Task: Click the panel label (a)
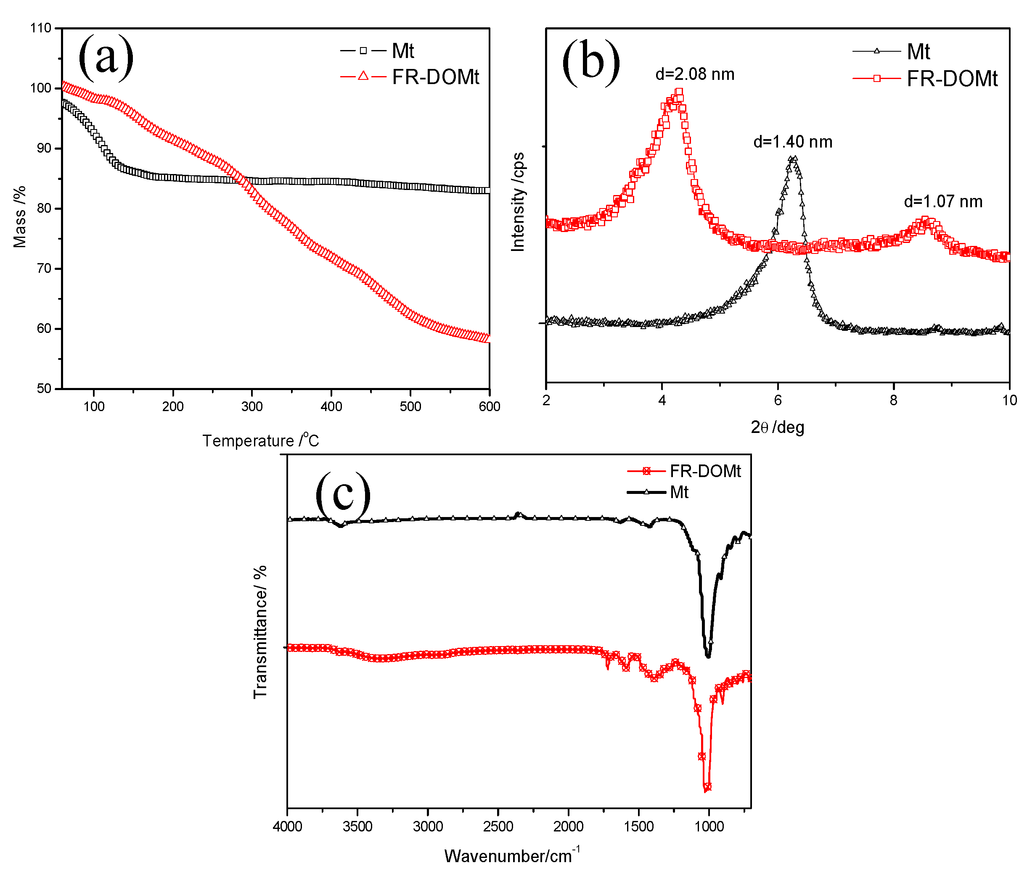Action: click(106, 58)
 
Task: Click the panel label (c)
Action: click(343, 494)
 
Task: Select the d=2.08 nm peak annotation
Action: click(694, 74)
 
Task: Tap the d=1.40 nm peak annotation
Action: click(792, 142)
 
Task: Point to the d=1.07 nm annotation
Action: click(942, 202)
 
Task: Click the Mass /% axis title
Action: click(19, 216)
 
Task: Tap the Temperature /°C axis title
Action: click(260, 440)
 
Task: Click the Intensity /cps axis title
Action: click(518, 202)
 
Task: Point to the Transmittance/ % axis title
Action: click(260, 632)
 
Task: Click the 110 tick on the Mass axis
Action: click(41, 28)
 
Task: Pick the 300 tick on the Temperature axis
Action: click(252, 406)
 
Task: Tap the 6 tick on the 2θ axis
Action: click(778, 400)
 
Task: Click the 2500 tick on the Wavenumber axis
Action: click(498, 826)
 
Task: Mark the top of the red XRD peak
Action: click(679, 92)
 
